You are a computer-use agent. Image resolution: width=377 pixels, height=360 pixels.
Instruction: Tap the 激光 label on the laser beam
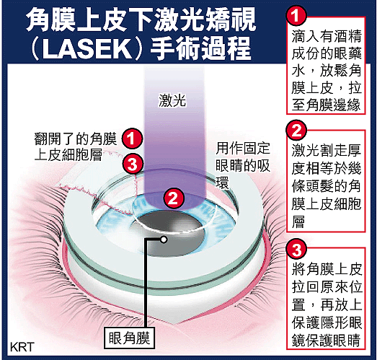point(172,100)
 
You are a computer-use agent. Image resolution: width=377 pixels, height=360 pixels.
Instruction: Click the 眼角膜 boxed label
point(129,338)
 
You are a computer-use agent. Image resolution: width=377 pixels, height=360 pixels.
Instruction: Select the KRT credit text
point(22,347)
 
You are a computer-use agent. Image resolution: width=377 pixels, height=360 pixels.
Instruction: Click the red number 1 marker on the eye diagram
point(132,139)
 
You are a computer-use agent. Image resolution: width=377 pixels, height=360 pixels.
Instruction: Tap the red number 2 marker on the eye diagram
point(174,198)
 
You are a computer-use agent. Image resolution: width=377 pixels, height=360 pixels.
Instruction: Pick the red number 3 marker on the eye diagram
point(133,164)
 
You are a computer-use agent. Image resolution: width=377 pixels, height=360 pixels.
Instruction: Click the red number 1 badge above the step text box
point(296,15)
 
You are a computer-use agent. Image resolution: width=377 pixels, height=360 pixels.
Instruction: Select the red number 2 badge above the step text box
point(296,130)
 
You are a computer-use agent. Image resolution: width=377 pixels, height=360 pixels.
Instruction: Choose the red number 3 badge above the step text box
point(296,250)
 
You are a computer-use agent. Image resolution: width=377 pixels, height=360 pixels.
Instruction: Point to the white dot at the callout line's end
point(164,240)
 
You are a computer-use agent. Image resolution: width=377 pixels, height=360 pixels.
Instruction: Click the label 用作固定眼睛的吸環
point(243,166)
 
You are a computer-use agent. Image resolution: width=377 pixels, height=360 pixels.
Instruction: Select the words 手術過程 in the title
point(201,49)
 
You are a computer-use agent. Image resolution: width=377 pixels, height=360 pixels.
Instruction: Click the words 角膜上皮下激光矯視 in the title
point(141,21)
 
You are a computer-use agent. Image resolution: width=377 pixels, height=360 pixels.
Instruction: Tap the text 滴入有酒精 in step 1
point(327,36)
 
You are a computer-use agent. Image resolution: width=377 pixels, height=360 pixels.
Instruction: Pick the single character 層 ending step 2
point(298,221)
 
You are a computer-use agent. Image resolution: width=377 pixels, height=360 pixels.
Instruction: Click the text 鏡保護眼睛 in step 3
point(327,340)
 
